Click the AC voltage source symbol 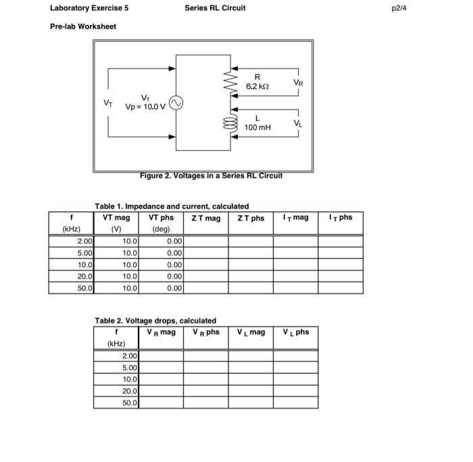pos(176,103)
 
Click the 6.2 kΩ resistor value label pos(257,82)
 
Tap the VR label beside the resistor pos(298,83)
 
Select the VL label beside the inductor pos(298,123)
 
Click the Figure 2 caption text pos(211,176)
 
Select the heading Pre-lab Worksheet pos(83,26)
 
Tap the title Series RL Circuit pos(215,8)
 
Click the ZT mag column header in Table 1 pos(205,218)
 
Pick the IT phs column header pos(340,217)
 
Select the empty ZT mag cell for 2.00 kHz pos(205,241)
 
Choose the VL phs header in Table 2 pos(296,332)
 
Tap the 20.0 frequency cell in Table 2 pos(129,391)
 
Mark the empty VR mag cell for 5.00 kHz pos(161,367)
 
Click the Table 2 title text pos(155,321)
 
